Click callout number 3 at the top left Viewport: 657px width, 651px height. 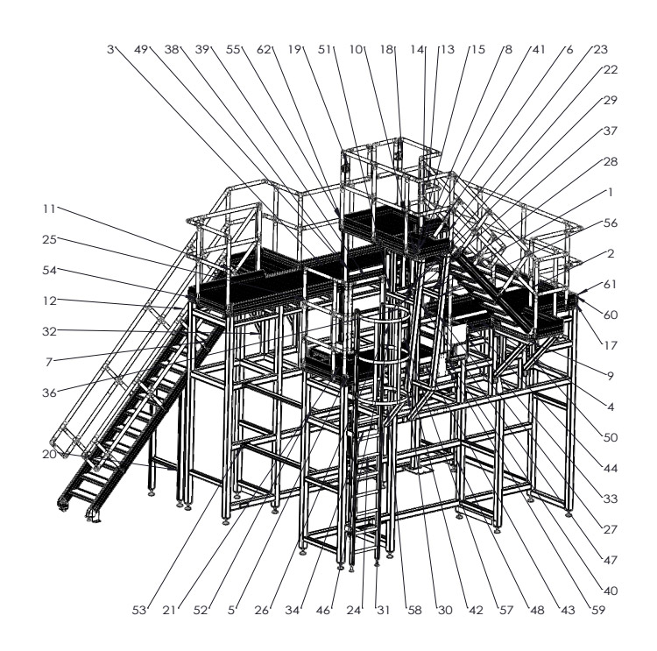110,49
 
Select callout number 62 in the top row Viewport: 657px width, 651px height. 264,49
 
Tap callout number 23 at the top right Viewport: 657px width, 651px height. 600,49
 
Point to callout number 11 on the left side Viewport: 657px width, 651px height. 49,209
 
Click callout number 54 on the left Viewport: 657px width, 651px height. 49,271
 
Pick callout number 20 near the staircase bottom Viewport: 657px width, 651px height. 49,454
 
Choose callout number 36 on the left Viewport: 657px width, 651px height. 49,393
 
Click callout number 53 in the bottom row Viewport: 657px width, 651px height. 139,611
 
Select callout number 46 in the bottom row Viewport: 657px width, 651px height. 323,611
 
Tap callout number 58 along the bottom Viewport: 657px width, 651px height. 415,611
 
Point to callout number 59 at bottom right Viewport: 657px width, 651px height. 598,611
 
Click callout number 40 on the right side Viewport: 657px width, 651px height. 611,591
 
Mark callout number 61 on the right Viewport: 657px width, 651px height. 611,285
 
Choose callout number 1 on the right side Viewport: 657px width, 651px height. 611,193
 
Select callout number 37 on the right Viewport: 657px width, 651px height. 611,131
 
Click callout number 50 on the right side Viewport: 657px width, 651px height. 611,437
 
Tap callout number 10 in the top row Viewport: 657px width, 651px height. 356,49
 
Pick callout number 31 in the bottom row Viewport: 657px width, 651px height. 384,611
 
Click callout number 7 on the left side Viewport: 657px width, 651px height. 49,362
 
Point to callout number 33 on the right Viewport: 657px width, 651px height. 611,499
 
